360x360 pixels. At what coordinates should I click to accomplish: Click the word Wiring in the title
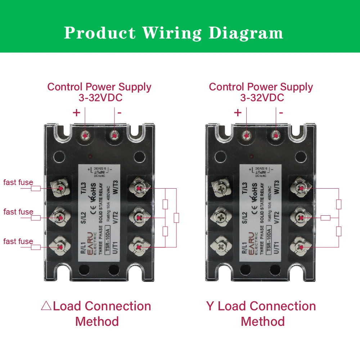pos(172,33)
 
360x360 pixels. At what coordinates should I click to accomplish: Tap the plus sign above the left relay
pos(76,113)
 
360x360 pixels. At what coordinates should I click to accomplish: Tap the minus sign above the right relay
pos(281,113)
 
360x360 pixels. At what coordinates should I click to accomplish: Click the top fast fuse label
pos(18,183)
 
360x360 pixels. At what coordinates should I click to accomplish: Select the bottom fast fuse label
pos(18,241)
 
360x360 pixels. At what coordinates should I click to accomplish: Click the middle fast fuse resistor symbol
pos(36,218)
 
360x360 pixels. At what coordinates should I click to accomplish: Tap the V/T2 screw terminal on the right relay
pos(301,218)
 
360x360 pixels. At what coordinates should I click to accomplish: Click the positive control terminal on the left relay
pos(85,136)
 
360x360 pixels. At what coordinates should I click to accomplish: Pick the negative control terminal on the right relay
pos(276,136)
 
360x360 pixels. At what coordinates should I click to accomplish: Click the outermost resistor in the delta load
pos(176,218)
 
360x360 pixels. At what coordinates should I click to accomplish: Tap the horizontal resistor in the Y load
pos(325,217)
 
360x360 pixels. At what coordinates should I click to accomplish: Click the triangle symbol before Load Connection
pos(46,306)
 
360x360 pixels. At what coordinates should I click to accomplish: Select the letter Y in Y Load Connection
pos(210,306)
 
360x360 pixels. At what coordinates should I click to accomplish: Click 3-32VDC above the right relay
pos(262,98)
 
